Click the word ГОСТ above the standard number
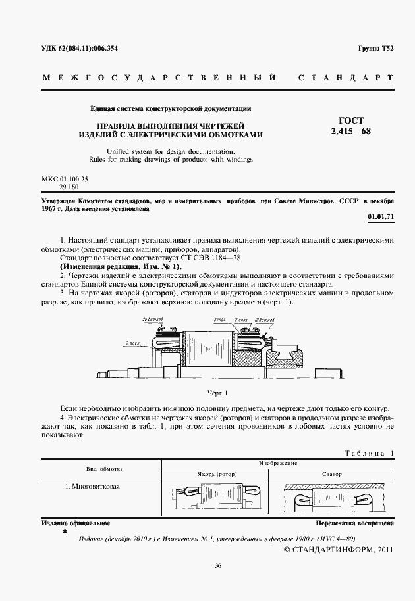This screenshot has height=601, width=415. coord(350,121)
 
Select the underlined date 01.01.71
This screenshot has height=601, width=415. coord(381,216)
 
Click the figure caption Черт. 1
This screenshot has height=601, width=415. coord(217,393)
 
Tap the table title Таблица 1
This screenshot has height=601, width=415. coord(369,454)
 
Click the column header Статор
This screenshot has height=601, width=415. coord(333,473)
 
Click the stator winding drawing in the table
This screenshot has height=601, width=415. coord(333,499)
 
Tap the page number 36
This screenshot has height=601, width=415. coord(217,565)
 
